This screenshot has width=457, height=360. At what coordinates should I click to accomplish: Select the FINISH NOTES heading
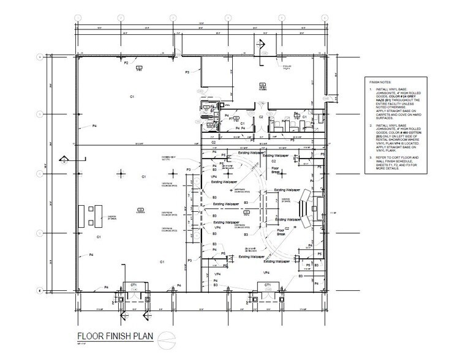pos(380,81)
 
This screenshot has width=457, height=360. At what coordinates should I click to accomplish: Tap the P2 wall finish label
pos(127,62)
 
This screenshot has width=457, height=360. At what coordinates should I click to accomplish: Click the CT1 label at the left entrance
pos(131,285)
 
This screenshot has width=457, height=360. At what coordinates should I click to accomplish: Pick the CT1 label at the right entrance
pos(268,285)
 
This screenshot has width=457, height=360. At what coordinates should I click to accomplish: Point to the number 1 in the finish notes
pos(372,89)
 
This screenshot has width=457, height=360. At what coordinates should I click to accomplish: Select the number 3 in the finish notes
pos(372,157)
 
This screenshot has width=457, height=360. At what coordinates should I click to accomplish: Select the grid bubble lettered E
pos(40,291)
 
